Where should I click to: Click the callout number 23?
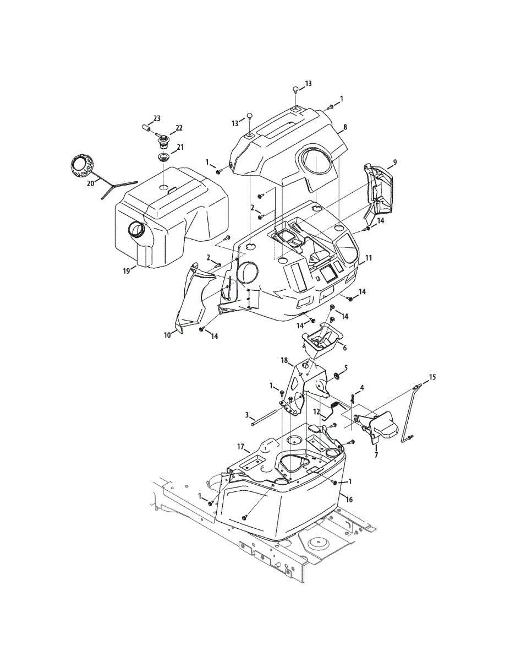pos(157,118)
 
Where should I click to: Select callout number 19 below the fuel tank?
pos(125,271)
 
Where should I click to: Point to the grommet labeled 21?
pos(163,159)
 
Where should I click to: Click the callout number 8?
pos(345,127)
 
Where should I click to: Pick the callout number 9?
pos(394,162)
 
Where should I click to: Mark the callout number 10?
pos(167,334)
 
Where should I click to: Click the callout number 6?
pos(344,348)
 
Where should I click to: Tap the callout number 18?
pos(284,360)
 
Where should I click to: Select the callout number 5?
pos(346,367)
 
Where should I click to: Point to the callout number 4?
pos(361,388)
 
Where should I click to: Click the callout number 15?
pos(432,377)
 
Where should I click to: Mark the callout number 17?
pos(240,446)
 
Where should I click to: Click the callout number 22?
pos(179,128)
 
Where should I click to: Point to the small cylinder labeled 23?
pos(147,128)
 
